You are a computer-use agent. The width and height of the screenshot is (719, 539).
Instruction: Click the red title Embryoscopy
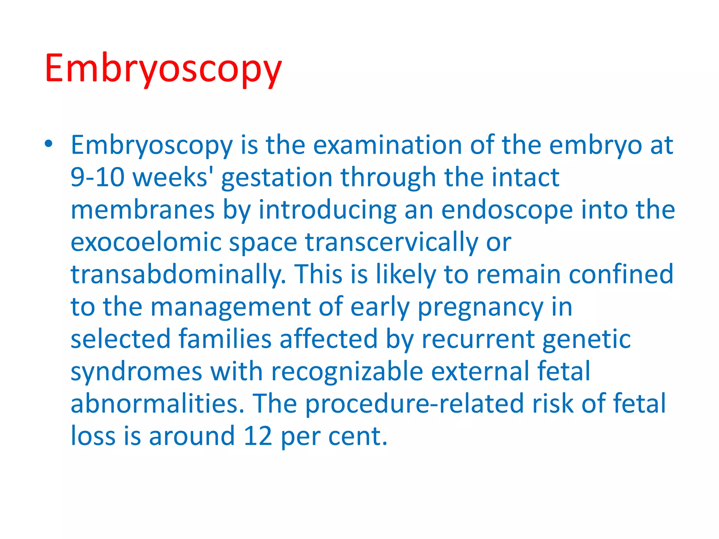[x=163, y=68]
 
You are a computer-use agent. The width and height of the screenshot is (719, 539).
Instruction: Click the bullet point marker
[x=49, y=144]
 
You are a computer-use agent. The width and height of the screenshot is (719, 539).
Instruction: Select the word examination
[x=387, y=145]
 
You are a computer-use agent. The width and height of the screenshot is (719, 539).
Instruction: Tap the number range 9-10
[x=97, y=177]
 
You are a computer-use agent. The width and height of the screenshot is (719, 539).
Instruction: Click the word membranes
[x=143, y=210]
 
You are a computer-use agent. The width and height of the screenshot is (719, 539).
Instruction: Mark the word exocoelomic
[x=146, y=242]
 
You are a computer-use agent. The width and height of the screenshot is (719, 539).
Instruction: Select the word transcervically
[x=391, y=242]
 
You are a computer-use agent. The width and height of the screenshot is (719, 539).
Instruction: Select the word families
[x=225, y=339]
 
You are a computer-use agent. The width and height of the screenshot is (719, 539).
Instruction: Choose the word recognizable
[x=347, y=371]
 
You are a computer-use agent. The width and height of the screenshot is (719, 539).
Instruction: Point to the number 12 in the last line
[x=258, y=436]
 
